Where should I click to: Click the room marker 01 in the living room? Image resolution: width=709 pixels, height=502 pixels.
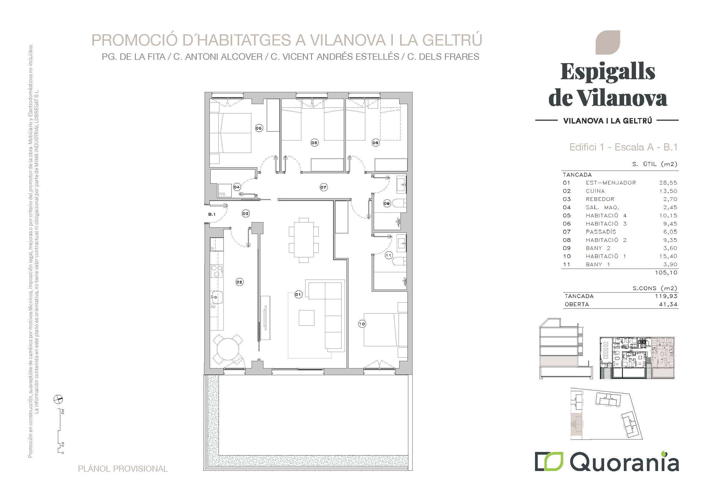298,295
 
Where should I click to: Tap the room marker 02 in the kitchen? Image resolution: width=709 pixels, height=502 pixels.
239,282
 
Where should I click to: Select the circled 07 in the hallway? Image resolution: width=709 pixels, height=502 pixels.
323,187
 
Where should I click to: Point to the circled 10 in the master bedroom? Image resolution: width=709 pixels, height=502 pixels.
362,324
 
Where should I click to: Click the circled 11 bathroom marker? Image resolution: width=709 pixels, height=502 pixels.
389,256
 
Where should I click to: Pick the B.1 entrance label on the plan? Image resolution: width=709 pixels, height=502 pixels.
212,214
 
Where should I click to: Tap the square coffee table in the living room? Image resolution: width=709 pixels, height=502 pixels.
307,318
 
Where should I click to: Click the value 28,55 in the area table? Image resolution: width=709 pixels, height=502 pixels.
668,183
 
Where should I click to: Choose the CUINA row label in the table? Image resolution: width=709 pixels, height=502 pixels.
595,191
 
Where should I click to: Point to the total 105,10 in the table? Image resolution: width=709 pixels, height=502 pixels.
666,273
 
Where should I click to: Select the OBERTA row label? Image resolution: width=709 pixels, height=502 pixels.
577,304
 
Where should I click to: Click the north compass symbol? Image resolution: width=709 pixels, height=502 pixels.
58,400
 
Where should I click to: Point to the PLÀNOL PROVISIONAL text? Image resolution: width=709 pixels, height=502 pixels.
123,469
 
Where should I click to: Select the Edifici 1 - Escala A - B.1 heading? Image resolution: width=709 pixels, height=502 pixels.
624,147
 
